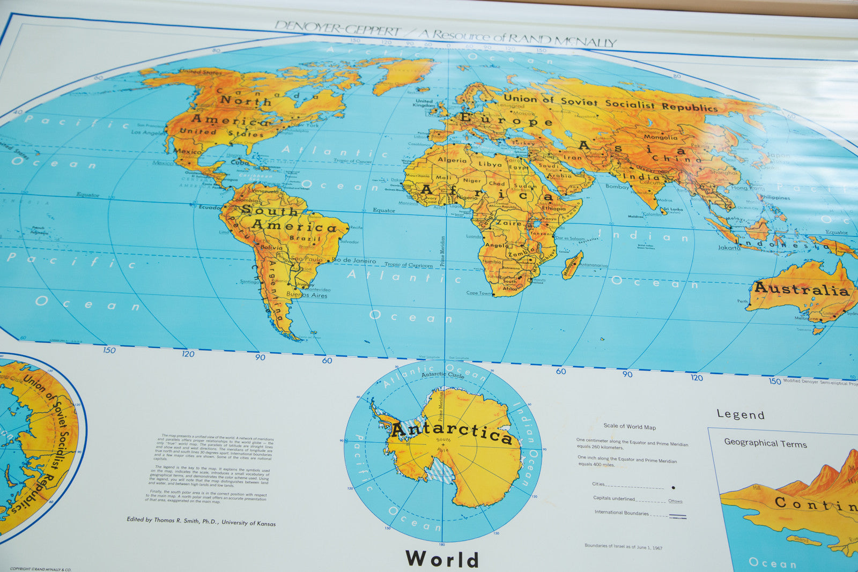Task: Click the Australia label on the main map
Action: point(802,289)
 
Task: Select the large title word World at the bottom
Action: point(442,559)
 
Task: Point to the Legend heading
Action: point(741,414)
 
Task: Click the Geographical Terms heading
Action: point(765,443)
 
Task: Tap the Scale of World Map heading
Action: point(630,427)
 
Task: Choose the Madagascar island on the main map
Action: point(572,265)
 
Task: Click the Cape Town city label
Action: point(479,293)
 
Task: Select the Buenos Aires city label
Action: point(306,295)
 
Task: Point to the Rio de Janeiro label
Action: point(354,261)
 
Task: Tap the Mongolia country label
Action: point(660,137)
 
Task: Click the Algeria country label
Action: point(452,160)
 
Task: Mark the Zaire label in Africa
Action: point(508,223)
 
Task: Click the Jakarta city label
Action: point(729,248)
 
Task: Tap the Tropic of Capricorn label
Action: point(408,265)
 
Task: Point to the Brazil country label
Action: point(305,238)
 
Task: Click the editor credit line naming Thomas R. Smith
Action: point(201,521)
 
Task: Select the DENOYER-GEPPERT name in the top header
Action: point(337,28)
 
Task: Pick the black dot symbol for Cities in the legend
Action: point(673,488)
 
